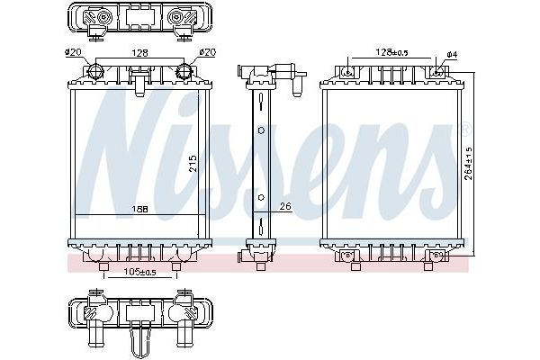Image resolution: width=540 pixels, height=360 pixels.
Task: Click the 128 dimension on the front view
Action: pos(140,52)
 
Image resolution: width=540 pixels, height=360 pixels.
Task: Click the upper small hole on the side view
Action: pos(261,130)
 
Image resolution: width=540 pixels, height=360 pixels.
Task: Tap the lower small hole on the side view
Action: pos(261,197)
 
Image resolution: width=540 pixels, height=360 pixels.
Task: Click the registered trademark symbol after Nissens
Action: pos(464,128)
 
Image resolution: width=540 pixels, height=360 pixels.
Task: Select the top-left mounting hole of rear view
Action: pos(349,71)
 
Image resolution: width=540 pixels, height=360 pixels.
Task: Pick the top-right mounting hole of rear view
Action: pos(437,71)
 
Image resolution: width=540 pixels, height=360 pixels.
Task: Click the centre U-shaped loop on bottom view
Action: pos(140,341)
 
